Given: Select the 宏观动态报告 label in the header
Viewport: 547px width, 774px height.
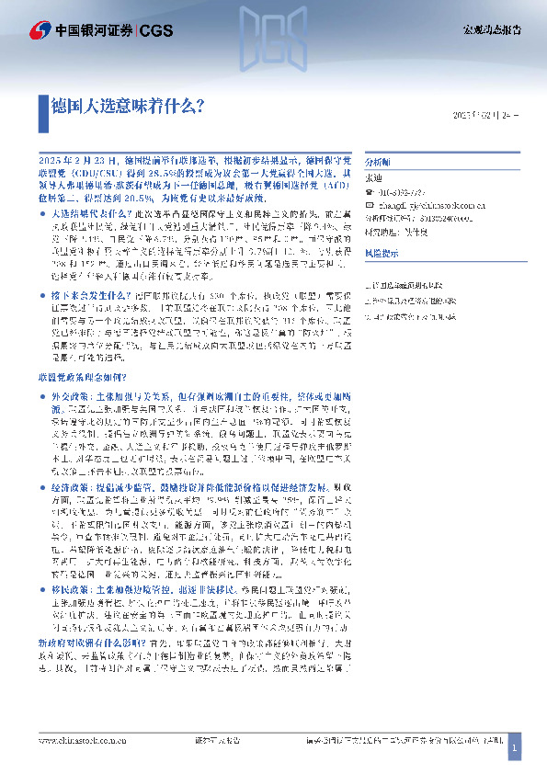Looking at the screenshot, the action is click(x=490, y=30).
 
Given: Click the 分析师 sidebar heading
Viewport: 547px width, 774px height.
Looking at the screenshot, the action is click(x=378, y=158).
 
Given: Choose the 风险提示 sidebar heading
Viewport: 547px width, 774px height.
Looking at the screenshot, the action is click(x=382, y=252).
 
